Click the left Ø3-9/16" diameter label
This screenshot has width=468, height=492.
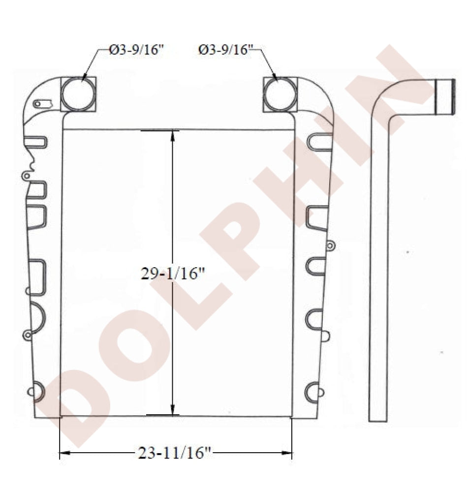pyautogui.click(x=137, y=50)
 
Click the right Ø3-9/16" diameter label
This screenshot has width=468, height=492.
pyautogui.click(x=225, y=50)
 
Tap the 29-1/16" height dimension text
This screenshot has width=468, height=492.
pyautogui.click(x=173, y=274)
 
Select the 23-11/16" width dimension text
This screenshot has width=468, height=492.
pyautogui.click(x=174, y=453)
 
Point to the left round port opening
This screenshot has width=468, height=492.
pyautogui.click(x=78, y=94)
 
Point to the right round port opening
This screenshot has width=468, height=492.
pyautogui.click(x=280, y=94)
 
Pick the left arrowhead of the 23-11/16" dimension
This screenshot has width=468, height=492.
pyautogui.click(x=64, y=453)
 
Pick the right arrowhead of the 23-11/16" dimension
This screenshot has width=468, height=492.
pyautogui.click(x=286, y=453)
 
